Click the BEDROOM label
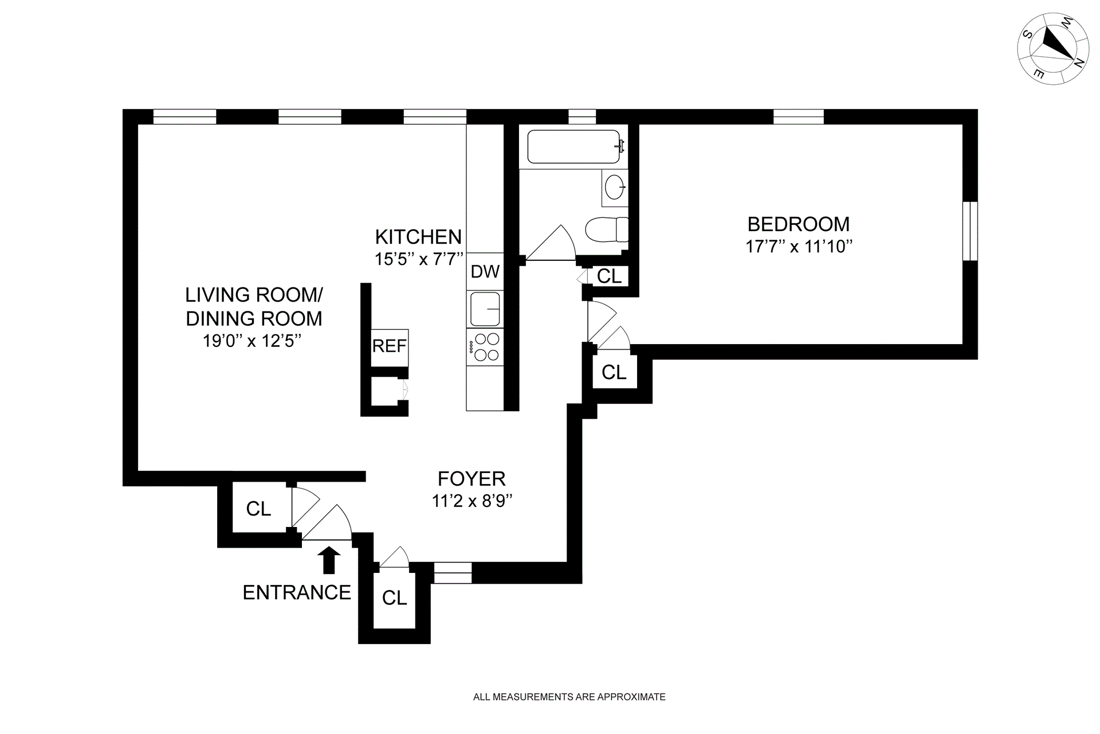(798, 224)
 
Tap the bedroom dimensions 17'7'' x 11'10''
(799, 247)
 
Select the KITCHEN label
(418, 236)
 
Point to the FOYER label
(472, 478)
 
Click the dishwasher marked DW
(485, 271)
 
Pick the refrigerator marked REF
(390, 347)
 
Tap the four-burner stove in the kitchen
(485, 347)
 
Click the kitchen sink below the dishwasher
(485, 309)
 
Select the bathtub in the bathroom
(574, 147)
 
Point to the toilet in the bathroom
(606, 229)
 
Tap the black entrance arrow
(329, 560)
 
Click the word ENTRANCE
(297, 592)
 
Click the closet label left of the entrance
(258, 509)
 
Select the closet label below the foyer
(395, 598)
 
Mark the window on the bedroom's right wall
(970, 231)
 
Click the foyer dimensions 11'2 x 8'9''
(472, 501)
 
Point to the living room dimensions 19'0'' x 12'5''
(252, 341)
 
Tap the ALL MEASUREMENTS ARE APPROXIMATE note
(569, 697)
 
